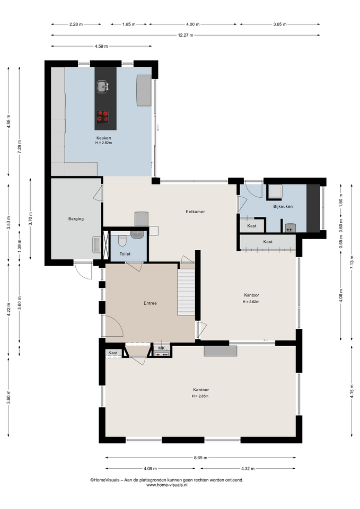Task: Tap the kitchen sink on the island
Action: pos(102,86)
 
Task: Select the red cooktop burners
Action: pos(102,116)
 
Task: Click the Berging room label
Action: pos(76,219)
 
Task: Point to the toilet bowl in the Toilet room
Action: pos(122,241)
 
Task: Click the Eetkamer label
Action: pos(195,212)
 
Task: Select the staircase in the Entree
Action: pos(186,292)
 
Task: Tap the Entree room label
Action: pos(150,303)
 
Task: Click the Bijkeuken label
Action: pos(283,206)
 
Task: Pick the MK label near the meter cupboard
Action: pos(161,348)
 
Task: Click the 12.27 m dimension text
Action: pos(186,35)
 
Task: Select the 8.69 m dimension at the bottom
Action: pos(200,458)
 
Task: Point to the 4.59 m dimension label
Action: pos(101,46)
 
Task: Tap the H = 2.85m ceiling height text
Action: pos(200,397)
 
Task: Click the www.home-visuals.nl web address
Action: pos(167,485)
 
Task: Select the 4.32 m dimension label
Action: pos(248,468)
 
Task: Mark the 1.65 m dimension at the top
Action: pos(129,24)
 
